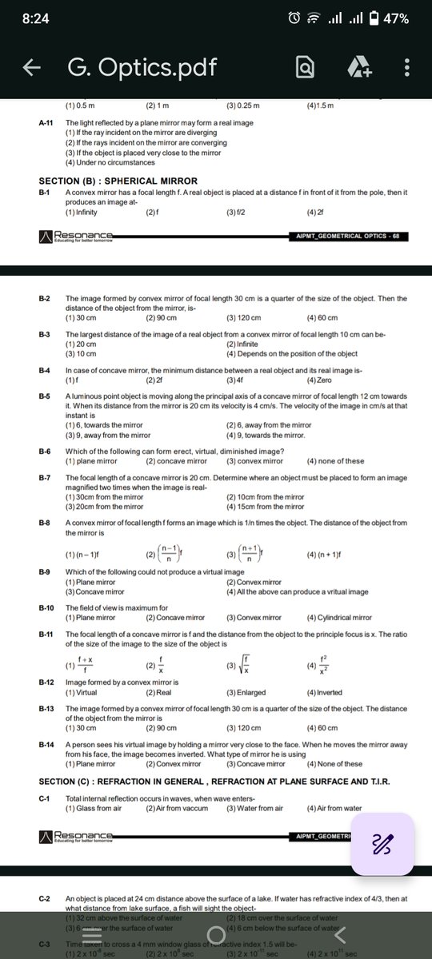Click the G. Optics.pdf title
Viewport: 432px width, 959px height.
point(142,68)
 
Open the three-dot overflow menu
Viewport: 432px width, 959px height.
point(407,68)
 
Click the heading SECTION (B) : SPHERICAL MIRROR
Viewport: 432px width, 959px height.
point(118,181)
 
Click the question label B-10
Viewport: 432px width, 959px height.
point(46,608)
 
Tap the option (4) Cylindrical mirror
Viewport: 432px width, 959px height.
point(339,618)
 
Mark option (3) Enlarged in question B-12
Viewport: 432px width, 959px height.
point(246,692)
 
